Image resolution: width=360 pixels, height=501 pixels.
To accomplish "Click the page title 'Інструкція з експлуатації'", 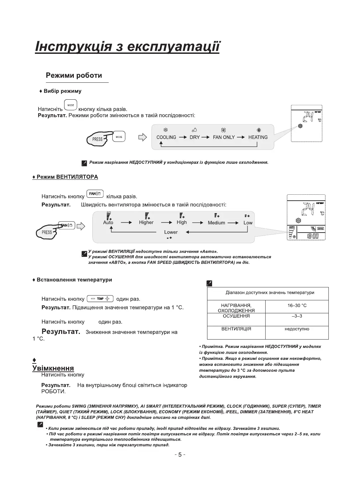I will [x=127, y=47].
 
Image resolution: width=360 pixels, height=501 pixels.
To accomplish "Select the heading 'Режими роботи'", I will [x=74, y=75].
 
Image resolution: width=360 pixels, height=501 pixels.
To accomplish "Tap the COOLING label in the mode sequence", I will [x=166, y=137].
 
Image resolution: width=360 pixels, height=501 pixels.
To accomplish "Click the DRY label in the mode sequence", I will [x=194, y=137].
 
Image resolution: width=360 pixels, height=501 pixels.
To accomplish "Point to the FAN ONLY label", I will [x=224, y=137].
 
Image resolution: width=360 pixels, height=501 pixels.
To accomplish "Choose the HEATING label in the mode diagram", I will [x=258, y=137].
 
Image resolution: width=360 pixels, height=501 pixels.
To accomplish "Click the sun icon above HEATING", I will [x=259, y=130].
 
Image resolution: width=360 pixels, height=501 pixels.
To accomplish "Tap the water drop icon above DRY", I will [x=194, y=130].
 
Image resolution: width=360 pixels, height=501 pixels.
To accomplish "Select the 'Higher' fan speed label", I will [x=146, y=223].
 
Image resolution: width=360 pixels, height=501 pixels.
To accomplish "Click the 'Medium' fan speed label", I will [x=216, y=223].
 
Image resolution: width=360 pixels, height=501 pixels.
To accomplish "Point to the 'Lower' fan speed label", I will [x=171, y=232].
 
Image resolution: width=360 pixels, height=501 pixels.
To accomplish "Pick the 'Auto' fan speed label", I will [x=108, y=223].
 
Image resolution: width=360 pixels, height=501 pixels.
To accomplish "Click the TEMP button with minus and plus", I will [x=100, y=299].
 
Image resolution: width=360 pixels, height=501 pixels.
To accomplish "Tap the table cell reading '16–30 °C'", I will [x=297, y=305].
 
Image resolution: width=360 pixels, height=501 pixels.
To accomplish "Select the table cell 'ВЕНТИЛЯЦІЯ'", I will [x=236, y=329].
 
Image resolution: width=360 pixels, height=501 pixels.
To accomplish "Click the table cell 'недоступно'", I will [x=297, y=329].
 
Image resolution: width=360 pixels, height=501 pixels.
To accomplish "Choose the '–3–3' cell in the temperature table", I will [x=297, y=316].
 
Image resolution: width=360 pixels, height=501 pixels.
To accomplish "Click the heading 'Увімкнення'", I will [x=53, y=368].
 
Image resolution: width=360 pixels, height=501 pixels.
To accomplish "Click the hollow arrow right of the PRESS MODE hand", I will [x=142, y=137].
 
